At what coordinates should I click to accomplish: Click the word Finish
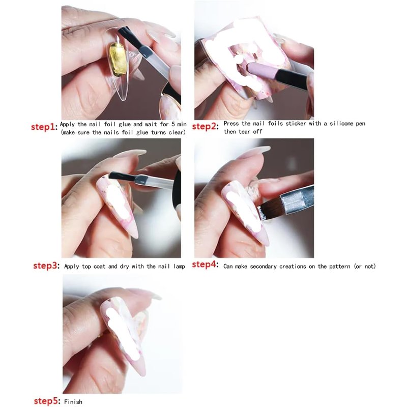(73, 402)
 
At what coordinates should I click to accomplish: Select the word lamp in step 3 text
(180, 267)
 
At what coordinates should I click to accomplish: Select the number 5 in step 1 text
(173, 124)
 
